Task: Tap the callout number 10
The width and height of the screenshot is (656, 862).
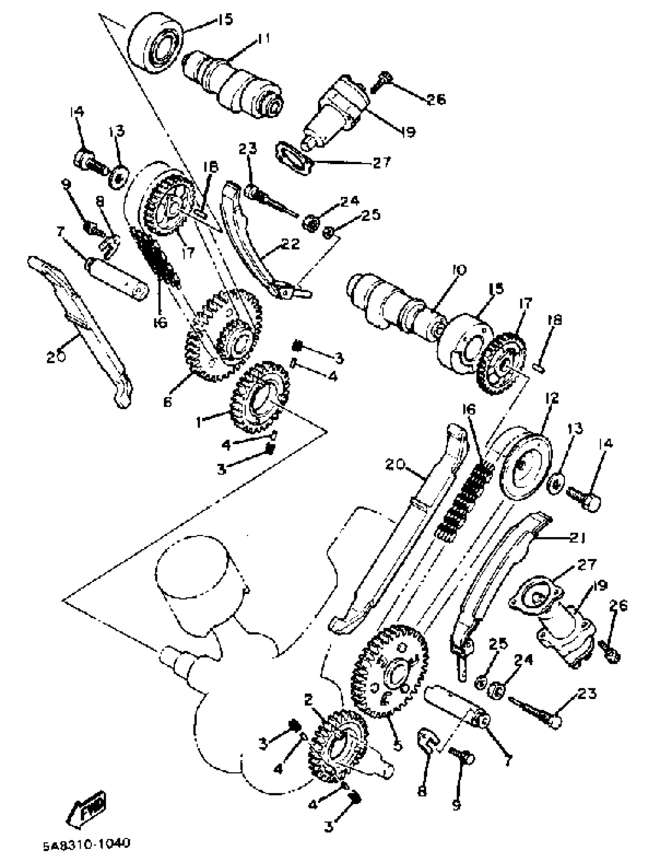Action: click(x=460, y=270)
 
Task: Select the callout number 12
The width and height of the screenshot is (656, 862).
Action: click(x=552, y=398)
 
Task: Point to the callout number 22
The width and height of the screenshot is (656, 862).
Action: click(x=289, y=244)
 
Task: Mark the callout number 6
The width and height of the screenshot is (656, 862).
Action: click(x=167, y=402)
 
